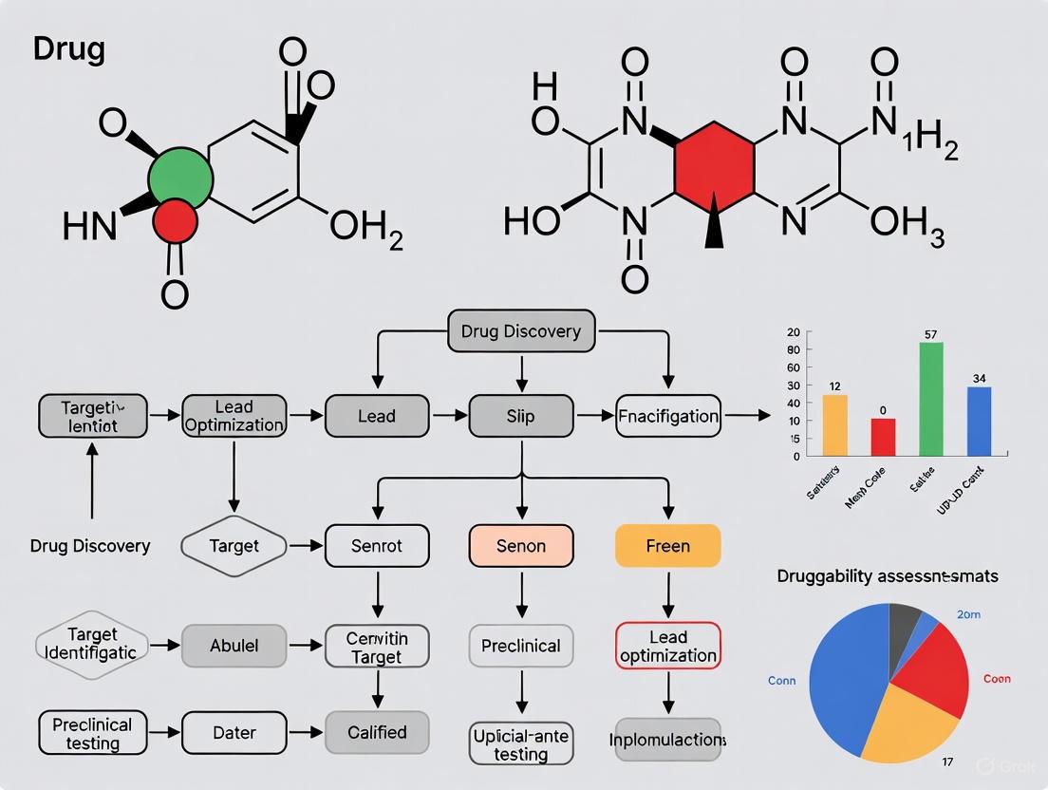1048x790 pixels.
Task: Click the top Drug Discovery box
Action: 521,332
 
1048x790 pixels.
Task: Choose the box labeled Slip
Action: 521,416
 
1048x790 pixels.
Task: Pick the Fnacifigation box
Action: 667,416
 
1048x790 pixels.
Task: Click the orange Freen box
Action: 667,546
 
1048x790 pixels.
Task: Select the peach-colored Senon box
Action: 521,546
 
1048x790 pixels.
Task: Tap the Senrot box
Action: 377,546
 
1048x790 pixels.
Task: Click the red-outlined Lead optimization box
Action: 667,646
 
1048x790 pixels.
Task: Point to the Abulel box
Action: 234,646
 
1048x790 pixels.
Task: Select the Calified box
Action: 377,732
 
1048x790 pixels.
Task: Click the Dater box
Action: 234,732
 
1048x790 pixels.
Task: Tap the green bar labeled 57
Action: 931,399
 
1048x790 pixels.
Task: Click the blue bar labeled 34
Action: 980,421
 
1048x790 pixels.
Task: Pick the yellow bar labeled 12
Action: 834,424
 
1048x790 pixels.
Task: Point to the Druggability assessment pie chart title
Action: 888,575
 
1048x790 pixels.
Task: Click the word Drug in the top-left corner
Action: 68,49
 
